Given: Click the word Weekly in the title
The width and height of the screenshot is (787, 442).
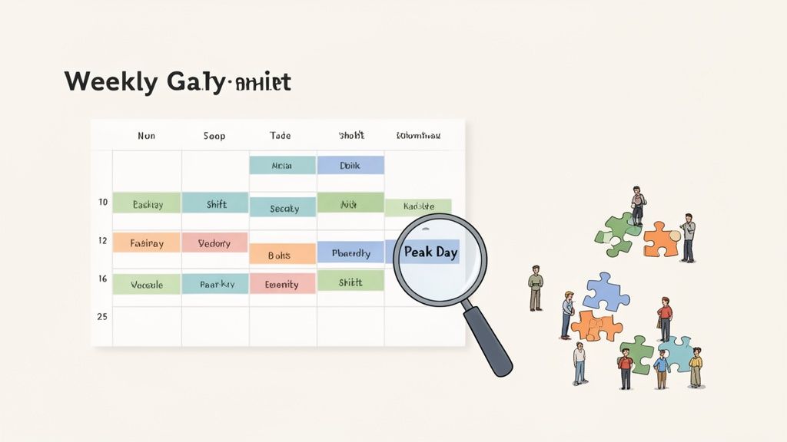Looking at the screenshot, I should [101, 81].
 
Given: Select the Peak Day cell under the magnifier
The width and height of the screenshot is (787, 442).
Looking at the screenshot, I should [431, 252].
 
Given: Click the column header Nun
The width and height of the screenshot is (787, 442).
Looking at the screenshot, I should [146, 136].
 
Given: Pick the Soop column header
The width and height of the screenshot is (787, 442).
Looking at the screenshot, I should [214, 136].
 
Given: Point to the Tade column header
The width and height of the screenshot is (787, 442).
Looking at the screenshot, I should [281, 136].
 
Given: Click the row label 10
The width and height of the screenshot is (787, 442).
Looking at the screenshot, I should [102, 203].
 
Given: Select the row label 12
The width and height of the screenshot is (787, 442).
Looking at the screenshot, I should [102, 241].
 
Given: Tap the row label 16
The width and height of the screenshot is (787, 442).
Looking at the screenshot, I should [102, 279].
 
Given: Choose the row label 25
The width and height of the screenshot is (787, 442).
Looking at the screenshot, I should [102, 316].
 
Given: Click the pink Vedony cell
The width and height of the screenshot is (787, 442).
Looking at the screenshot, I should [214, 243].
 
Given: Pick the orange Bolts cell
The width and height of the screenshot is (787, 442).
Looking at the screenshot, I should [281, 255].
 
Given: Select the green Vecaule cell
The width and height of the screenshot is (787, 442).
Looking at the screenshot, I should [147, 284].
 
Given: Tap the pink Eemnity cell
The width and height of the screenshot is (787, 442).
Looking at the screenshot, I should [281, 284].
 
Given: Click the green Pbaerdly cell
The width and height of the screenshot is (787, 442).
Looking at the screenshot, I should [350, 252].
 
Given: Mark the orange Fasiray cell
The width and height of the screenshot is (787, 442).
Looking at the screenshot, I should [147, 243].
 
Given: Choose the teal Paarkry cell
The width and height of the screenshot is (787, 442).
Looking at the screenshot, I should [214, 284].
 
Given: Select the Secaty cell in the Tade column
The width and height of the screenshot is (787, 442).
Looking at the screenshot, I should [282, 208].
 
